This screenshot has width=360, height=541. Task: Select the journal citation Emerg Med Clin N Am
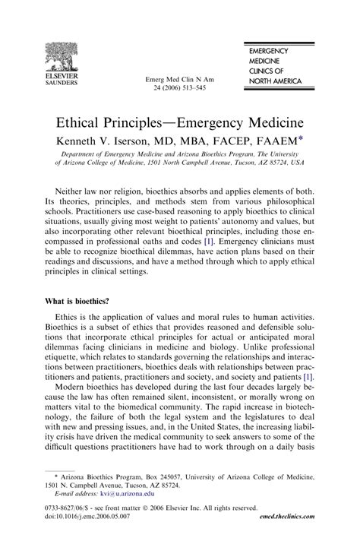[x=180, y=78]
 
